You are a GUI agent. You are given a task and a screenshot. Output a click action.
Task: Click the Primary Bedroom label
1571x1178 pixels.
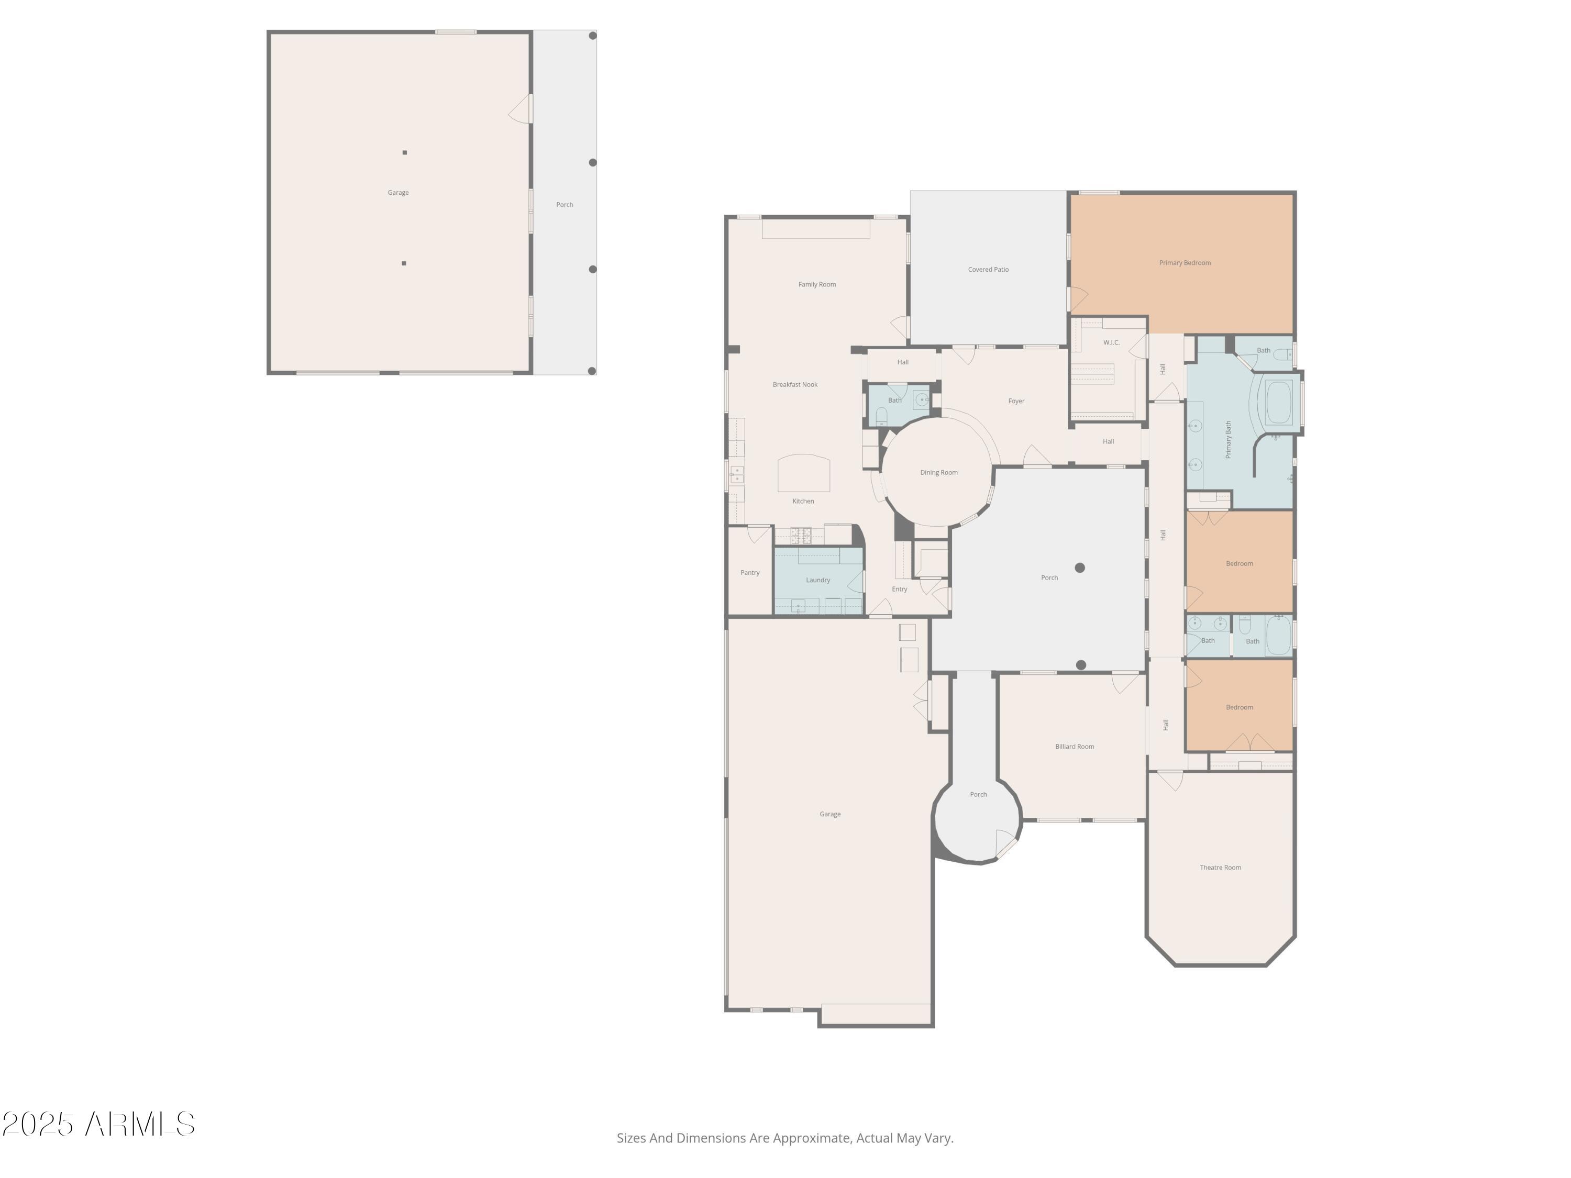tap(1185, 263)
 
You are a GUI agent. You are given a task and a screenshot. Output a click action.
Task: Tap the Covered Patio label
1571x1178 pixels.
tap(988, 269)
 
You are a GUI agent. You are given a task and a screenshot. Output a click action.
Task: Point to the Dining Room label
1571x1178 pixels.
tap(939, 472)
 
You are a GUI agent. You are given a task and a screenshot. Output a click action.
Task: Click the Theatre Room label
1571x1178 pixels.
tap(1220, 867)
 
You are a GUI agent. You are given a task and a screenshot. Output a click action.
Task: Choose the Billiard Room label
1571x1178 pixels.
tap(1075, 746)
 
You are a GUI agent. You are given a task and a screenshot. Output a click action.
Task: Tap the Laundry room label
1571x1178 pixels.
tap(818, 580)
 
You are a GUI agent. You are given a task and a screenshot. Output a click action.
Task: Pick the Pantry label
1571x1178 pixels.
tap(750, 572)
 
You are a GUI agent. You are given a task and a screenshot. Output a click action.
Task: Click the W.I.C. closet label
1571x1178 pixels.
tap(1112, 342)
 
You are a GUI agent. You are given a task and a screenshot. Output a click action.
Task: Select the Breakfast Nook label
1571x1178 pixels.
tap(795, 384)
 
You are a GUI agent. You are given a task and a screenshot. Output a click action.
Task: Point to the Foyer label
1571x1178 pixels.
tap(1016, 401)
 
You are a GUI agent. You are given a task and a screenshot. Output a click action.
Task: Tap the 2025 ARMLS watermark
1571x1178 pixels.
tap(99, 1124)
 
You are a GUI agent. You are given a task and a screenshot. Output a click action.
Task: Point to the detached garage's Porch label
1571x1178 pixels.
tap(565, 205)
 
